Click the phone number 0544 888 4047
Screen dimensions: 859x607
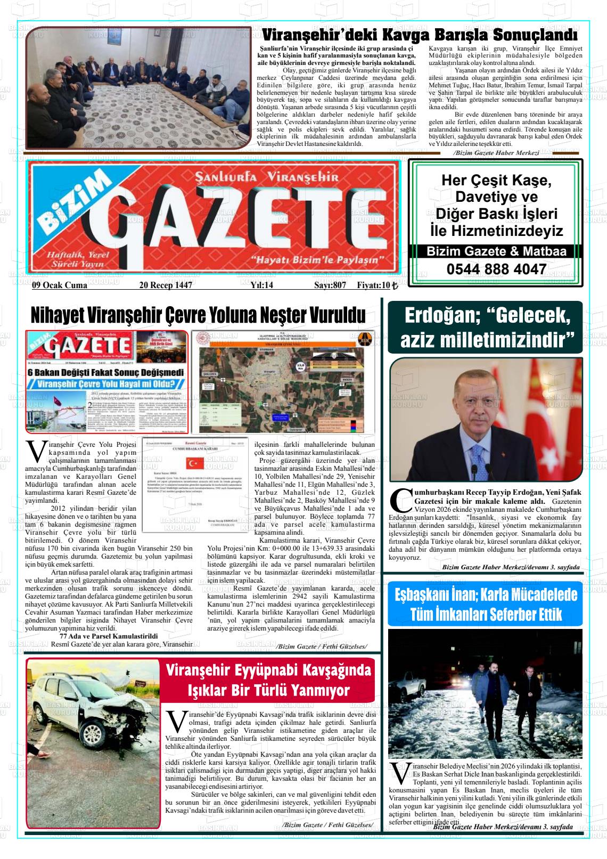coord(496,269)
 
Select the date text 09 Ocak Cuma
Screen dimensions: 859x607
coord(59,285)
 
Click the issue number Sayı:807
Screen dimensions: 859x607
coord(330,285)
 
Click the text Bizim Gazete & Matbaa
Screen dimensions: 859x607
coord(496,251)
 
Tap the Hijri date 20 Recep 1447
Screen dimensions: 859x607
coord(165,285)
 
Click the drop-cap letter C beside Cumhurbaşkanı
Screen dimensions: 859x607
coord(400,498)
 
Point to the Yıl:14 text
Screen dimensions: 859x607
coord(261,285)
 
